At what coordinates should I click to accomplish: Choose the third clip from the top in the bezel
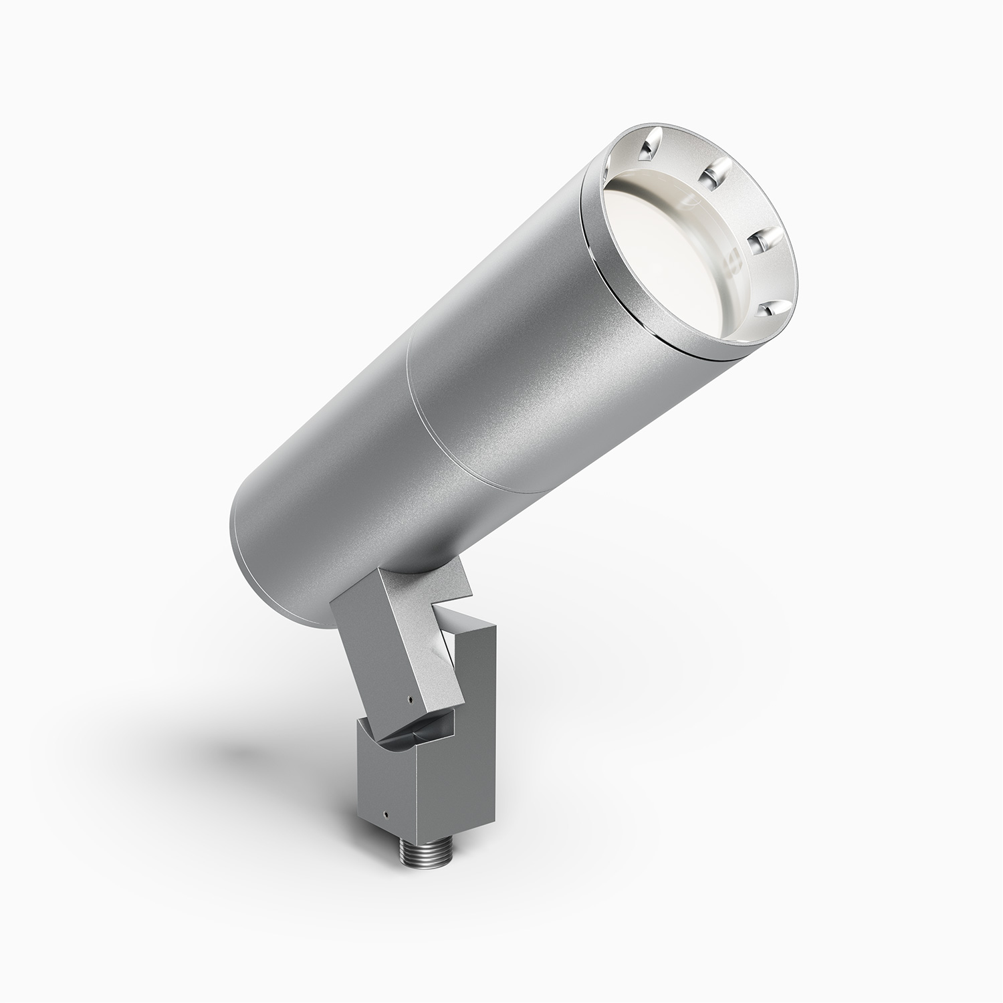tap(761, 239)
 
